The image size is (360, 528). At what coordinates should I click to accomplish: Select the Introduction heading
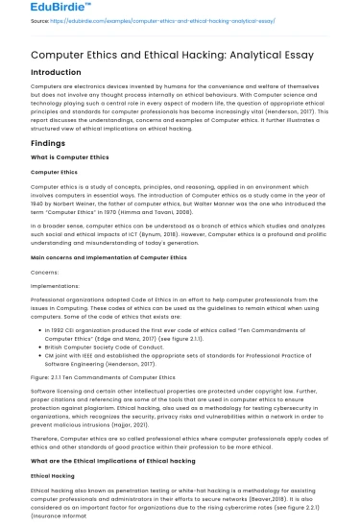coord(56,73)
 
